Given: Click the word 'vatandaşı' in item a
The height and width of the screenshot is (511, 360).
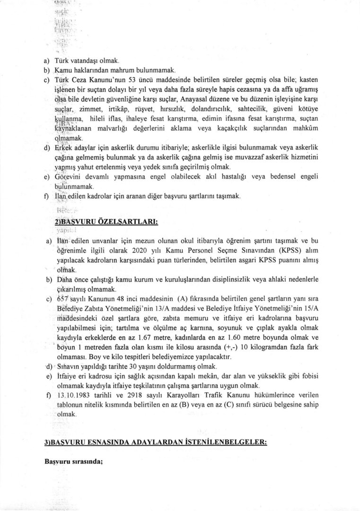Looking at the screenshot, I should tap(79, 61).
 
